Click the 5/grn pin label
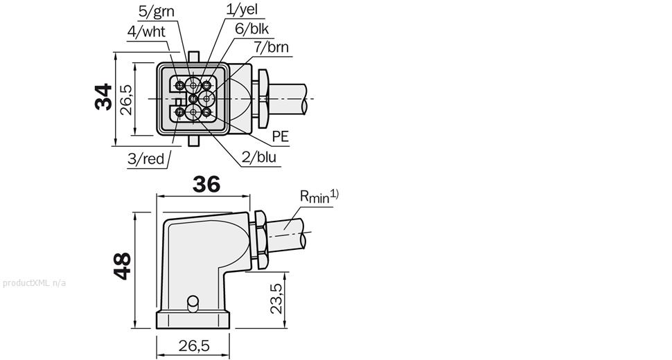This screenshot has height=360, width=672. pyautogui.click(x=157, y=12)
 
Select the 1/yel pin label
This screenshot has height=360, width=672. pyautogui.click(x=242, y=8)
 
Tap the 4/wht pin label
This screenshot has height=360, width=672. pyautogui.click(x=146, y=32)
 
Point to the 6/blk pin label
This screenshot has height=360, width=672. pyautogui.click(x=251, y=28)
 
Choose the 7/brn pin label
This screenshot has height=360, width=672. pyautogui.click(x=272, y=47)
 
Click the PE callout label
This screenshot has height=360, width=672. pyautogui.click(x=281, y=136)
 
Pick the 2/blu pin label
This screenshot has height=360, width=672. pyautogui.click(x=259, y=157)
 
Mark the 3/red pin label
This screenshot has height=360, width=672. pyautogui.click(x=145, y=159)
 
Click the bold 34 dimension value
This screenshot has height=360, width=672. pyautogui.click(x=104, y=97)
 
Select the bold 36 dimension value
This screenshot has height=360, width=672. pyautogui.click(x=206, y=184)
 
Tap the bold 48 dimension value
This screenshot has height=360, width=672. pyautogui.click(x=123, y=266)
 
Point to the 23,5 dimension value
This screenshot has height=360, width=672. pyautogui.click(x=277, y=298)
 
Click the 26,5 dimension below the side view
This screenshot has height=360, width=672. pyautogui.click(x=194, y=345)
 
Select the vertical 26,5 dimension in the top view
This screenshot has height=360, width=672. pyautogui.click(x=126, y=100)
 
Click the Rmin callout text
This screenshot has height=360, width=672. pyautogui.click(x=319, y=196)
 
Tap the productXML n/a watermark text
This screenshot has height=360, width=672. pyautogui.click(x=34, y=283)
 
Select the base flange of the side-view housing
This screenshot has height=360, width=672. pyautogui.click(x=193, y=320)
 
